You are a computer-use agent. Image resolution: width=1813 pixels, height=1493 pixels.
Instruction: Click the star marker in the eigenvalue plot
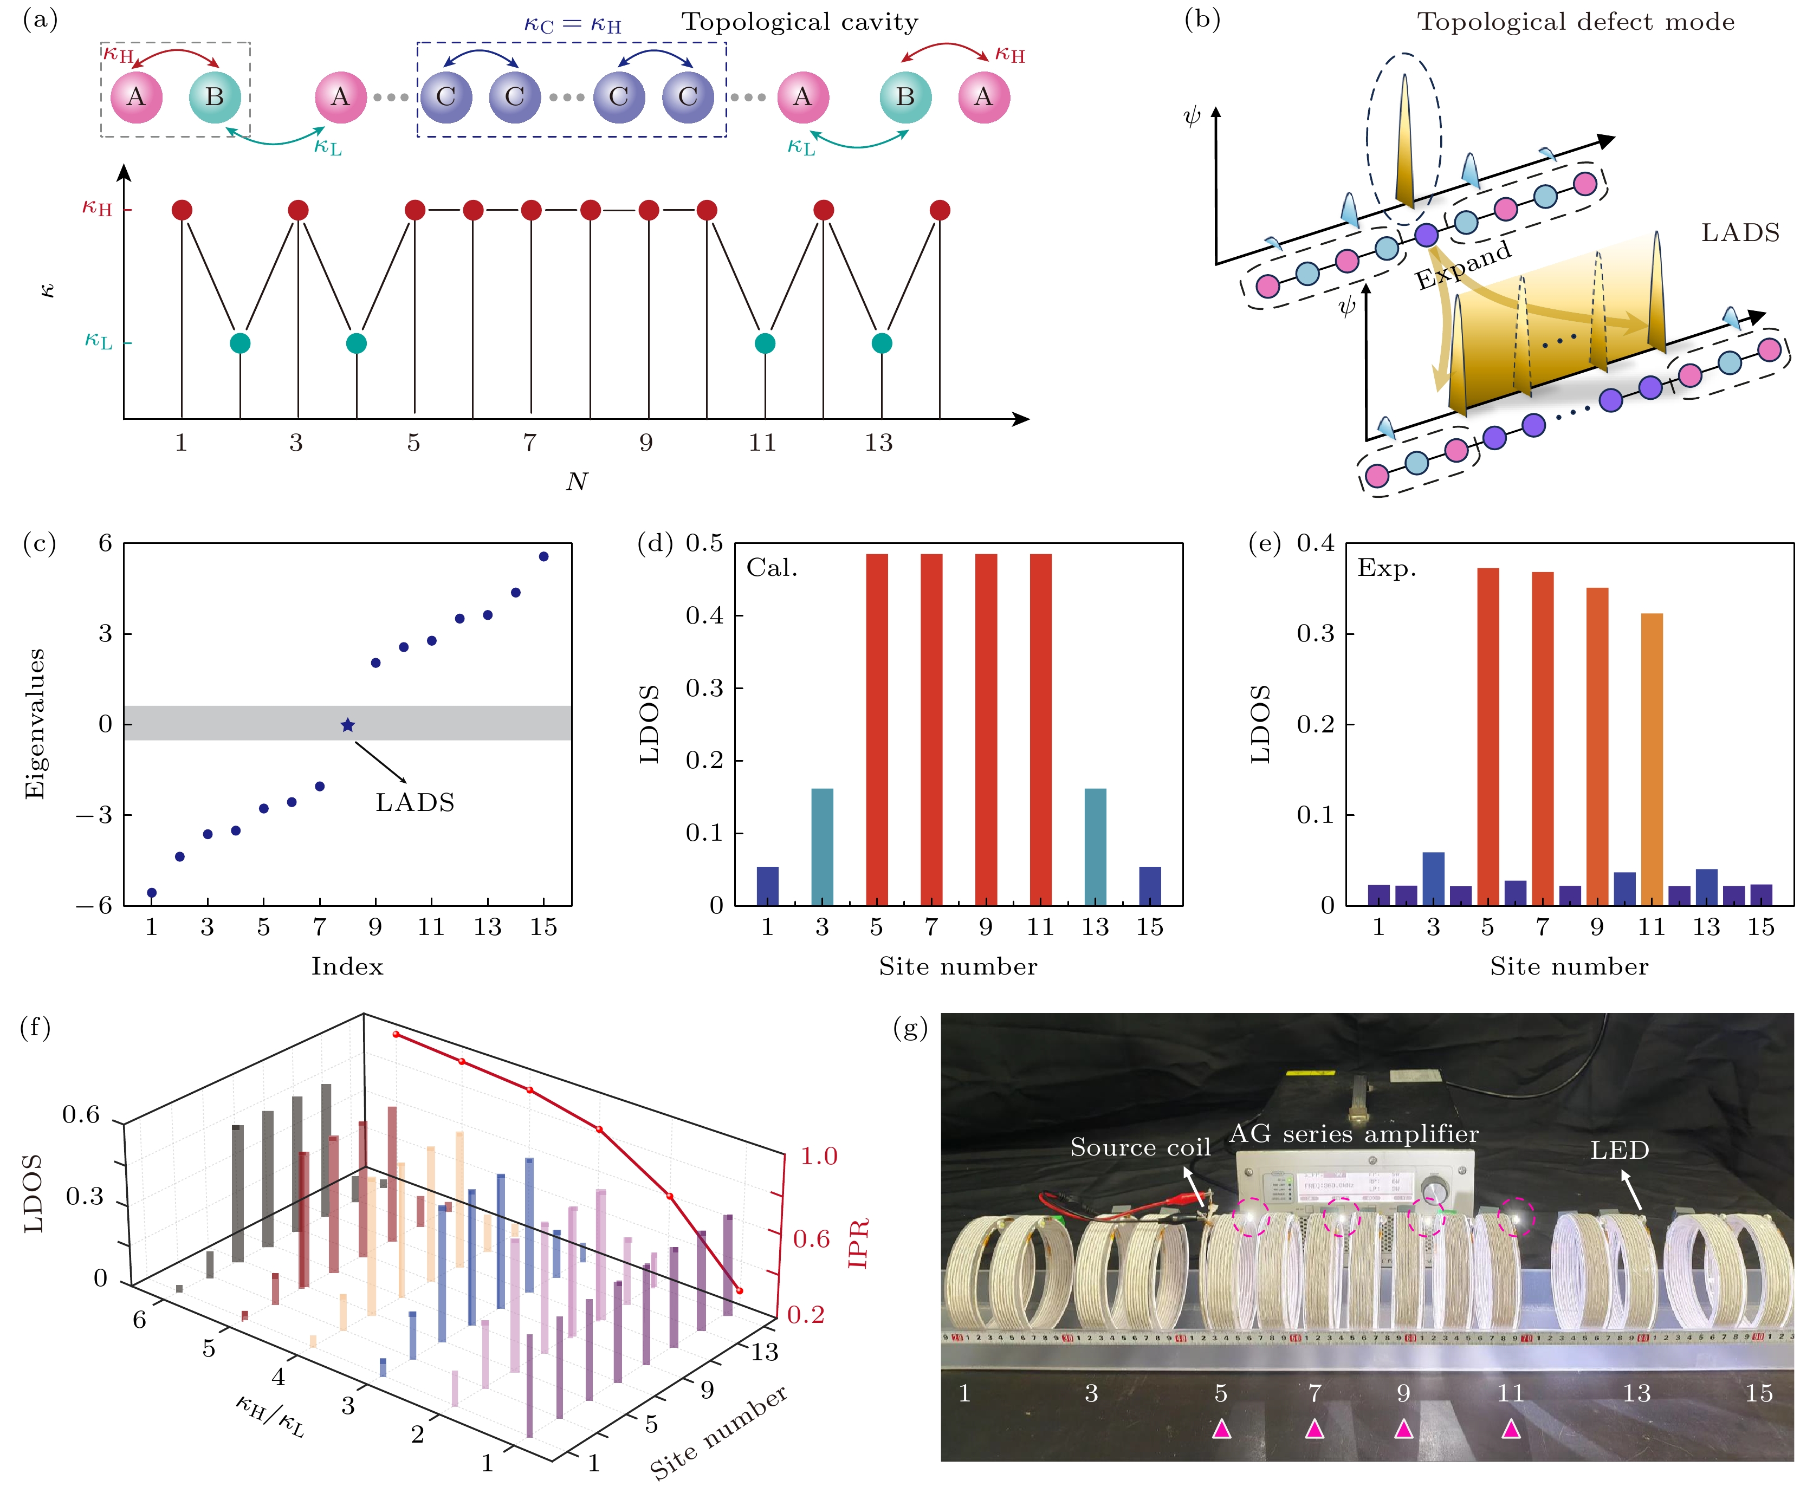coord(347,725)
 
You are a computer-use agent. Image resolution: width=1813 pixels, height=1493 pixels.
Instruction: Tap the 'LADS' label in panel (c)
coord(415,802)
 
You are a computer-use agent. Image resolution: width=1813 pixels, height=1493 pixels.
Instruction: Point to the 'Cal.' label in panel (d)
coord(772,568)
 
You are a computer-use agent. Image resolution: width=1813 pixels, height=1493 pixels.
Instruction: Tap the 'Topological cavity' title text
coord(800,22)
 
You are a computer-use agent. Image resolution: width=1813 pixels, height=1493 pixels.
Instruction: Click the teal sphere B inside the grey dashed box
coord(214,96)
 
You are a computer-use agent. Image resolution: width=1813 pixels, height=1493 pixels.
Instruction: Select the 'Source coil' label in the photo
coord(1139,1147)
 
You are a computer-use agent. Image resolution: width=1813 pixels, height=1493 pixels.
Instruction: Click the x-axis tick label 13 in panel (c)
coord(487,927)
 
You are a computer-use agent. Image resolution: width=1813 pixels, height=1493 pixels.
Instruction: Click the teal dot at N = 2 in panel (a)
coord(240,343)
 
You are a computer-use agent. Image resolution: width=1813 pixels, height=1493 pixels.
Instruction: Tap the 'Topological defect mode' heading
coord(1576,22)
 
